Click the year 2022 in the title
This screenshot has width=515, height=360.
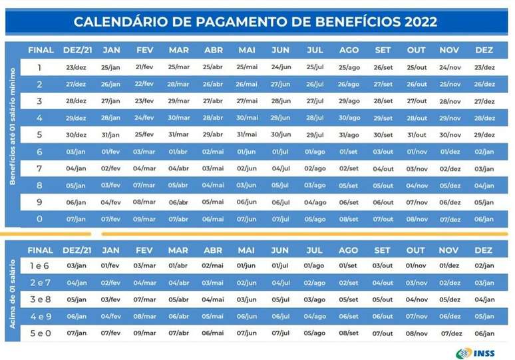click(x=420, y=21)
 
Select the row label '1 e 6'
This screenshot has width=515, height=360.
click(x=40, y=265)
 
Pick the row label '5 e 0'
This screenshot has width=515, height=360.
click(x=40, y=333)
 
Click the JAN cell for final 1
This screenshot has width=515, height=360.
click(x=110, y=68)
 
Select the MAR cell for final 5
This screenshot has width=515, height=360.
click(x=178, y=135)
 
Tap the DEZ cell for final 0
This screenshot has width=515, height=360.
click(x=484, y=219)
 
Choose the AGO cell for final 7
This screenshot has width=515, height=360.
click(x=349, y=169)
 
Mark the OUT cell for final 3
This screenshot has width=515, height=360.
click(x=417, y=101)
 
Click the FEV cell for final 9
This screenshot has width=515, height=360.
click(x=144, y=202)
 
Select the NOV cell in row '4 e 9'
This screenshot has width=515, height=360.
click(x=450, y=316)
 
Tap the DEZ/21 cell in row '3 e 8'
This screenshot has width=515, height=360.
click(x=77, y=299)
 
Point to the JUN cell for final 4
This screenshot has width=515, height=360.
click(x=280, y=118)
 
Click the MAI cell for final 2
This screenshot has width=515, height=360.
click(x=246, y=85)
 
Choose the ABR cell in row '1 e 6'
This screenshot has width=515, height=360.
click(x=212, y=266)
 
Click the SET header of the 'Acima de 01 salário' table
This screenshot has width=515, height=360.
click(x=382, y=250)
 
